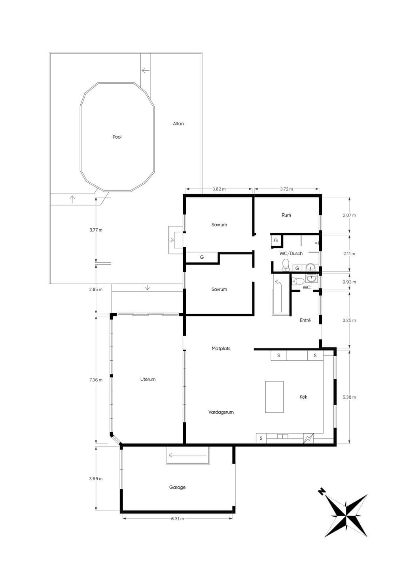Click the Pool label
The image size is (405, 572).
117,137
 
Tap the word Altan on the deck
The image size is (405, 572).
178,124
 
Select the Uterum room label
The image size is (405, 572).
148,379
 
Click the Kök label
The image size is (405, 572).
303,397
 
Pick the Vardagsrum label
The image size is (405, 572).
221,412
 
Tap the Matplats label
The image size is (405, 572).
221,348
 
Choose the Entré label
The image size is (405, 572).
305,320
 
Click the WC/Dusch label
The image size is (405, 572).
291,253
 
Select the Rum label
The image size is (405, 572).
286,215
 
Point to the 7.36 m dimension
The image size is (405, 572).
96,380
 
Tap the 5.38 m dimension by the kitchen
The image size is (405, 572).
349,397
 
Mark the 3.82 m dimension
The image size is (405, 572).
219,189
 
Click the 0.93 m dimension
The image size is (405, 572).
349,282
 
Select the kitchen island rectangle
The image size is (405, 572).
274,397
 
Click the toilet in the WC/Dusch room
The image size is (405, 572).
285,264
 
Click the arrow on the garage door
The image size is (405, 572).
188,455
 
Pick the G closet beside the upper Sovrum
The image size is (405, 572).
202,257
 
